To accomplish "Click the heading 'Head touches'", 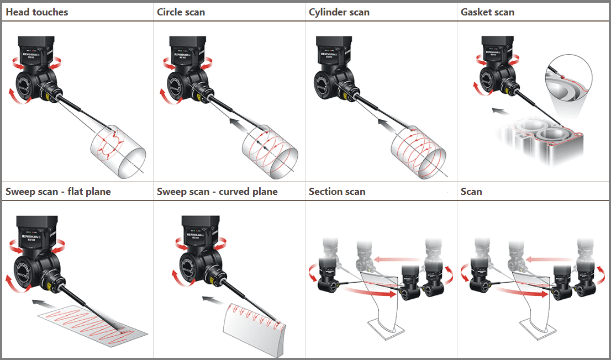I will click(37, 12).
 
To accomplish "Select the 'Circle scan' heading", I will click(181, 12).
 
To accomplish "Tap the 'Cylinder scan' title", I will click(339, 12).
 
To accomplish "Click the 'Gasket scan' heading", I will click(487, 12).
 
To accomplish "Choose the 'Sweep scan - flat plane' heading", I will click(58, 192).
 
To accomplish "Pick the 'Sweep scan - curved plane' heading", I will click(217, 192).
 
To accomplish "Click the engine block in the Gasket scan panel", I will click(544, 141).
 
